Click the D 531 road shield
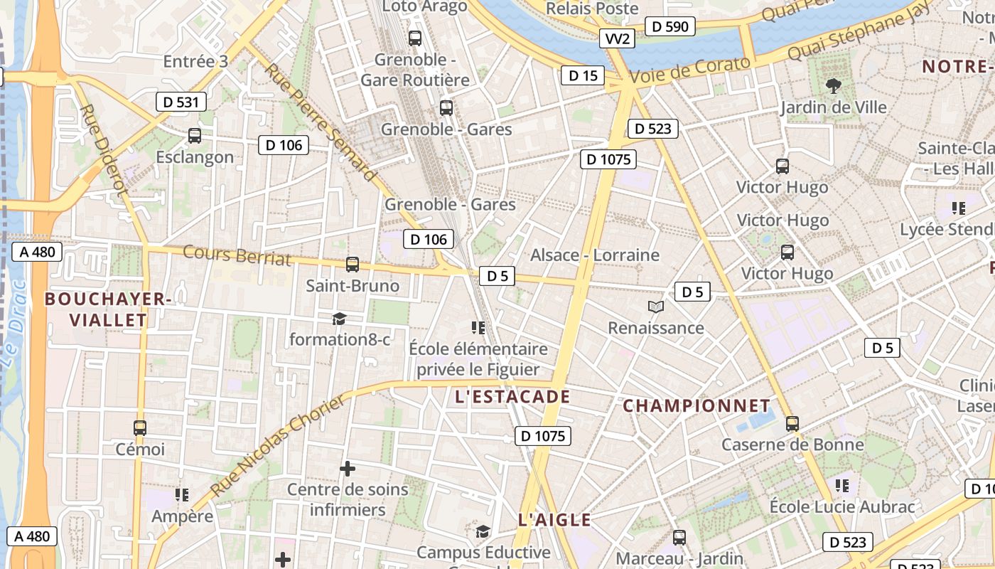(x=181, y=102)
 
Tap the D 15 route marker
(x=583, y=75)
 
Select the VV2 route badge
(x=617, y=38)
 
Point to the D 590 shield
(x=670, y=27)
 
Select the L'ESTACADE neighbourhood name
(x=512, y=397)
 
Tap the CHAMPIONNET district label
(x=696, y=406)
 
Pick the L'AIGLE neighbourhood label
(x=554, y=520)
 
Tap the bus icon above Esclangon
(x=194, y=136)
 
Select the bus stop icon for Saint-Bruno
(x=352, y=265)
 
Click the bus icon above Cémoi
(x=140, y=428)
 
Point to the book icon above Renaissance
(x=656, y=307)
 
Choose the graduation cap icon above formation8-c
(x=339, y=318)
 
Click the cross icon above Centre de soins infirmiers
(x=348, y=469)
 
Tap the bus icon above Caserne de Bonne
(x=792, y=424)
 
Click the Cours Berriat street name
(x=237, y=255)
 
